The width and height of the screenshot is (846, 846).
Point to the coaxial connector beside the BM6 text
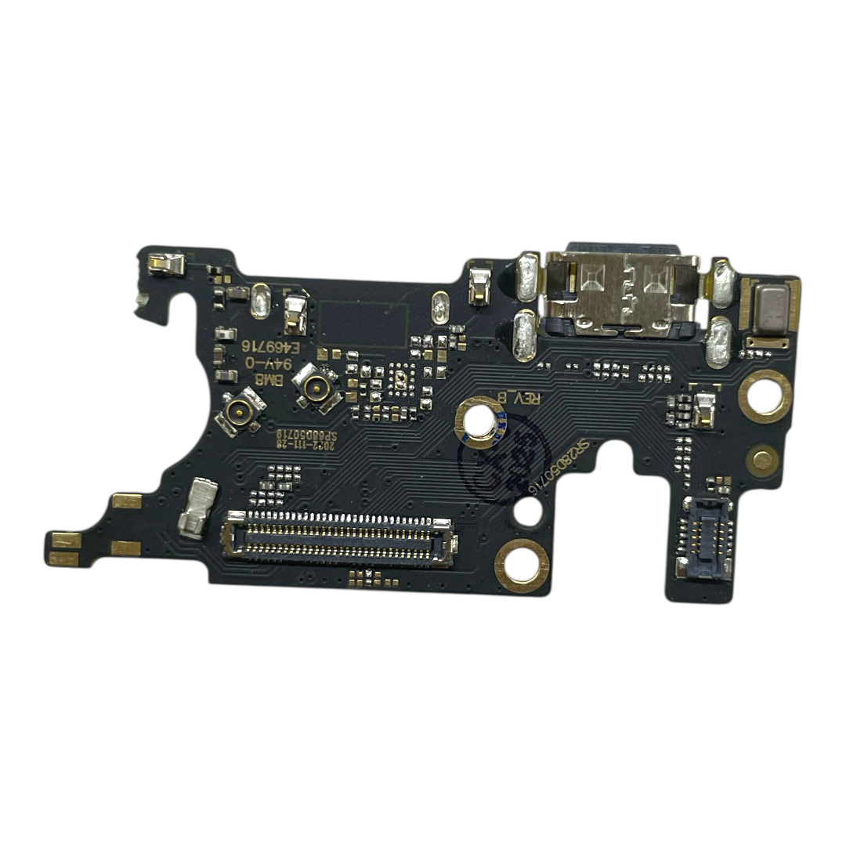point(316,386)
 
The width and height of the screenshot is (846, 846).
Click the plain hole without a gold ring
point(529,511)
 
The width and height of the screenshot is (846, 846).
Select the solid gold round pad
point(761,460)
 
